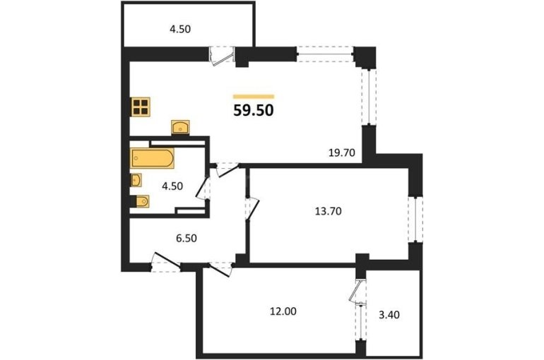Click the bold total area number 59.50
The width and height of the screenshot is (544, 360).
(254, 111)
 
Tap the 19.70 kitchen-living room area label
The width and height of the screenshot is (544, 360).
(342, 152)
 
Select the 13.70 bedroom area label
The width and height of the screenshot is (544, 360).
(329, 211)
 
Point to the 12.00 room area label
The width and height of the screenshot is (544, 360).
(283, 311)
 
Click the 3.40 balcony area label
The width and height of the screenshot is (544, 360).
(389, 315)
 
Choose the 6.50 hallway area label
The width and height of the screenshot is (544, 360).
(187, 239)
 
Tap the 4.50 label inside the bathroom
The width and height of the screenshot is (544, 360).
(172, 186)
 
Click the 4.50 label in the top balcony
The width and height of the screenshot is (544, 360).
(180, 29)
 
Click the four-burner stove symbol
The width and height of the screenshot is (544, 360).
(141, 107)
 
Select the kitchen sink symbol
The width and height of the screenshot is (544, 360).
(180, 127)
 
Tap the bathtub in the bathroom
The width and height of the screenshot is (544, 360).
(153, 158)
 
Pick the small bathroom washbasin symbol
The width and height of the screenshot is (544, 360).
(136, 180)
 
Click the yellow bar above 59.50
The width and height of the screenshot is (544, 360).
(254, 97)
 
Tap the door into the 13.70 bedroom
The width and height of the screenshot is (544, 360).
(252, 209)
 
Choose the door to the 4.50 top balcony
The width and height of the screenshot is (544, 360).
(222, 56)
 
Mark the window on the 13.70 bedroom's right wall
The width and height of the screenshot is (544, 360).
(415, 219)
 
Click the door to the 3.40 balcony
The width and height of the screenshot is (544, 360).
(357, 291)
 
